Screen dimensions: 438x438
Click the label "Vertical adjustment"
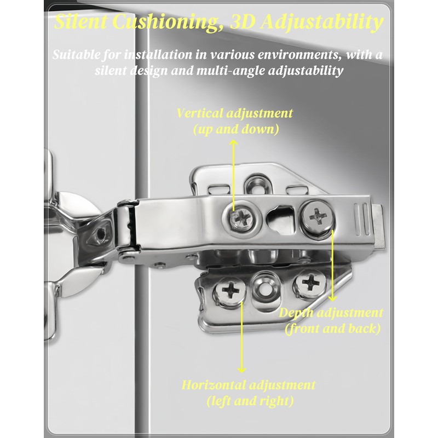tap(234, 114)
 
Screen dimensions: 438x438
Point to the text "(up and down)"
tap(235, 130)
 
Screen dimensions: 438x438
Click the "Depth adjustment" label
tap(331, 313)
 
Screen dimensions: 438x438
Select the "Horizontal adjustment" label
tap(248, 384)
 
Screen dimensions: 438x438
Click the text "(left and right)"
tap(250, 400)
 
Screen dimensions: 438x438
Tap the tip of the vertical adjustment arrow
tap(234, 141)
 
